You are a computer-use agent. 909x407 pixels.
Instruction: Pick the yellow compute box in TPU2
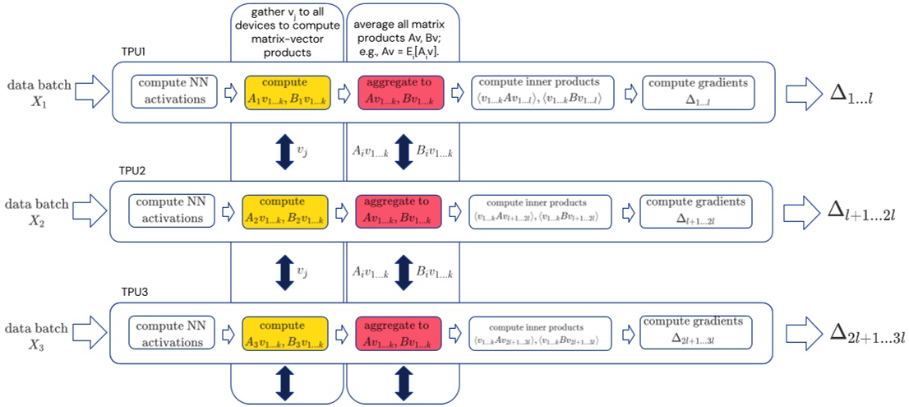[285, 210]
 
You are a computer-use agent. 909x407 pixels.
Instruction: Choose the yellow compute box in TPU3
[285, 330]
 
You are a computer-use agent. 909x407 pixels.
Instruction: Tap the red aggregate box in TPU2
[399, 210]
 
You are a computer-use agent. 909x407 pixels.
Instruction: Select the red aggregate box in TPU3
[399, 330]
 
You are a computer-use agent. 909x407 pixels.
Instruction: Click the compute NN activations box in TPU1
[173, 92]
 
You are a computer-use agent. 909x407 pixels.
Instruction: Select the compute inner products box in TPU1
[540, 92]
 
